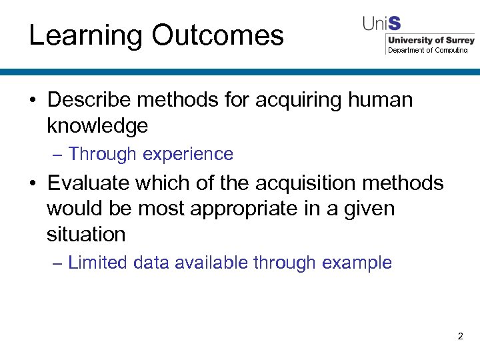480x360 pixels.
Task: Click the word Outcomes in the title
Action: point(217,35)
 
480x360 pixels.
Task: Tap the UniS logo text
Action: point(381,24)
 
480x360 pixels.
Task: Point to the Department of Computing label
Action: point(428,50)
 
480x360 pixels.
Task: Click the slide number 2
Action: point(460,337)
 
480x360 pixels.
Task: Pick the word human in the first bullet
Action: point(380,100)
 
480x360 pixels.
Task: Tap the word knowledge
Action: point(97,125)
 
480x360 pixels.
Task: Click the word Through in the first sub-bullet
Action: point(102,154)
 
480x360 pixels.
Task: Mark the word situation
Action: point(86,234)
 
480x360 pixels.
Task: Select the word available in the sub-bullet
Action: point(212,263)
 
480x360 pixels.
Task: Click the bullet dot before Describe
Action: point(32,101)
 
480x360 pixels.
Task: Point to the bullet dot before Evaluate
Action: point(32,183)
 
